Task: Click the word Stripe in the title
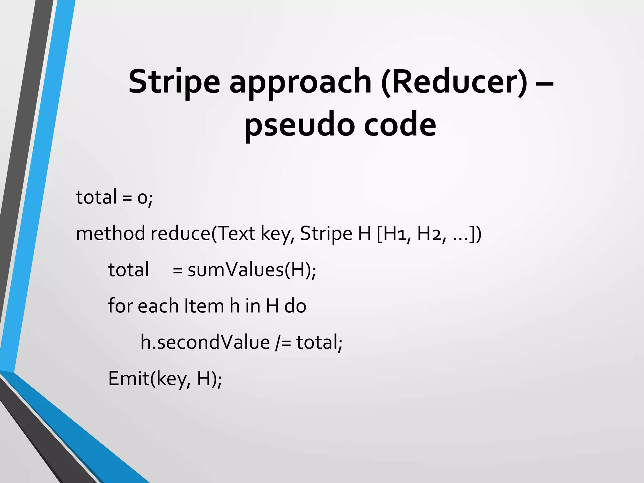[174, 82]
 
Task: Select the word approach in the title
[300, 82]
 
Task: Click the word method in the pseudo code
[110, 233]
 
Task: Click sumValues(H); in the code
[252, 270]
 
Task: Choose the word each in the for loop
[158, 306]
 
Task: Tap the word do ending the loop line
[295, 306]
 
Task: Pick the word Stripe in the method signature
[326, 234]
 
